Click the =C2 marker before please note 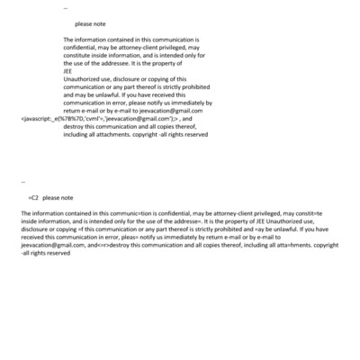32,195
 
